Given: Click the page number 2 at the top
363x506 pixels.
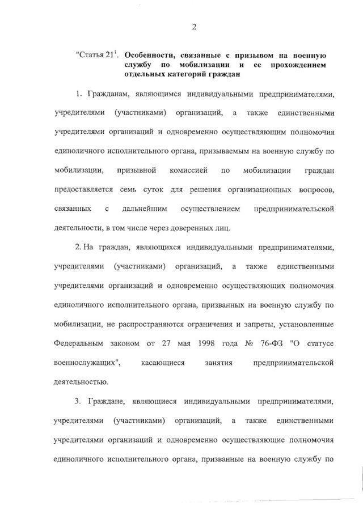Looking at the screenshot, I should [194, 26].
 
